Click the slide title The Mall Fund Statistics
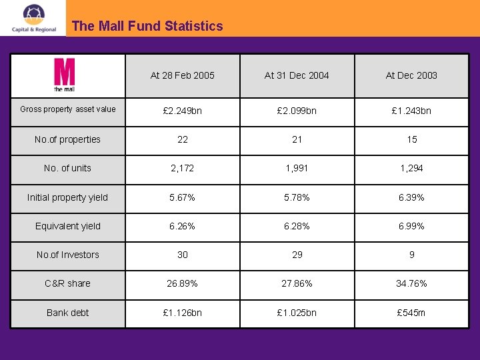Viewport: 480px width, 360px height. [x=147, y=27]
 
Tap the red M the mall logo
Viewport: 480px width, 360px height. [x=65, y=75]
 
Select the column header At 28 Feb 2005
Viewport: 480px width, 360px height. [x=183, y=75]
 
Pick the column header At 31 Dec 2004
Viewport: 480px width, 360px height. [x=297, y=75]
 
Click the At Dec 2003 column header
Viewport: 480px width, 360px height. [x=411, y=75]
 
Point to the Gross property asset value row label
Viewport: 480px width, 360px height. [x=68, y=109]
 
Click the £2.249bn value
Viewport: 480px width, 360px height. [x=183, y=111]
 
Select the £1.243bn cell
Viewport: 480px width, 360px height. [x=411, y=111]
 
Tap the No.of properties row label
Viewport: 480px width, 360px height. [x=68, y=139]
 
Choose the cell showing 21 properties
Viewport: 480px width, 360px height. [x=297, y=139]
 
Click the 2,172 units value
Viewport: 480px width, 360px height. [x=183, y=168]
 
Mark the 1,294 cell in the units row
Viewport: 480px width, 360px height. [x=411, y=168]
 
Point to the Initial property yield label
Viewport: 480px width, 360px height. [x=67, y=197]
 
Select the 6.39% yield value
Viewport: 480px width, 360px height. [x=411, y=197]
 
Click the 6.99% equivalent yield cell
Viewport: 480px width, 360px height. [x=411, y=226]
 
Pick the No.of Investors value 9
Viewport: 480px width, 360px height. [x=412, y=255]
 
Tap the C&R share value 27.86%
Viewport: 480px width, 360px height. [x=297, y=283]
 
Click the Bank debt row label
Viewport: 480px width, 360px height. [x=67, y=313]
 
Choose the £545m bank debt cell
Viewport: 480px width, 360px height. [x=411, y=313]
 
